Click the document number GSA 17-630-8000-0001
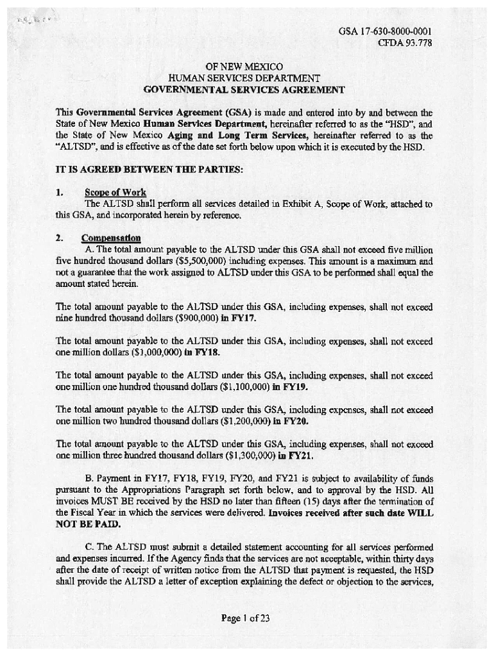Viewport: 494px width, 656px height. click(x=384, y=31)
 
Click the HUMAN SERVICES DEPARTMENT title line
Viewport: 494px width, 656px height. click(x=244, y=78)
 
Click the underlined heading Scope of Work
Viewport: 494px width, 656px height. click(x=115, y=192)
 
